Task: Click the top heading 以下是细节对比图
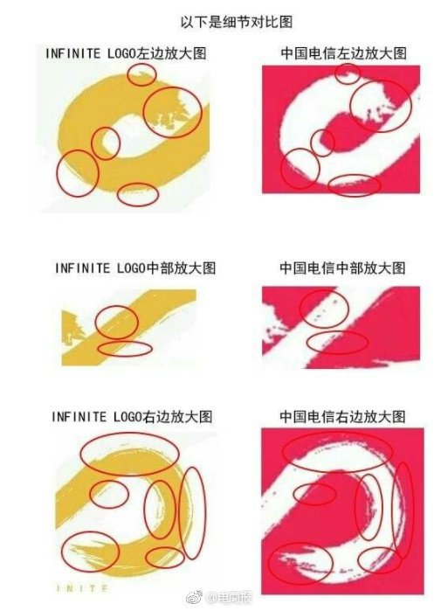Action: click(x=237, y=22)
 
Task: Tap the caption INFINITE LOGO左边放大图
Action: click(x=126, y=53)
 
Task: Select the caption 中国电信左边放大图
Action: click(x=344, y=53)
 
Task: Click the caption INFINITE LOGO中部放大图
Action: click(x=135, y=268)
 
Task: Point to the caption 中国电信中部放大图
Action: click(x=342, y=268)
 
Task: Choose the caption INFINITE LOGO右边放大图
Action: click(x=132, y=417)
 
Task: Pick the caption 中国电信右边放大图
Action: click(x=342, y=417)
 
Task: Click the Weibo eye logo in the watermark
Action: click(x=194, y=597)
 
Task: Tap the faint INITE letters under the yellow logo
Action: click(x=82, y=588)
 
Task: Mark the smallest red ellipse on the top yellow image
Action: click(x=142, y=74)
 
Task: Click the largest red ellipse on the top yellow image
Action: click(x=173, y=112)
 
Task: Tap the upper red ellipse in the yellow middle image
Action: click(x=117, y=322)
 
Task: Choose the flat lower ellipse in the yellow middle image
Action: click(x=125, y=349)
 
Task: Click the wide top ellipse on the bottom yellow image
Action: click(x=129, y=454)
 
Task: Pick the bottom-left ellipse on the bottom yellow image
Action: click(x=90, y=552)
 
